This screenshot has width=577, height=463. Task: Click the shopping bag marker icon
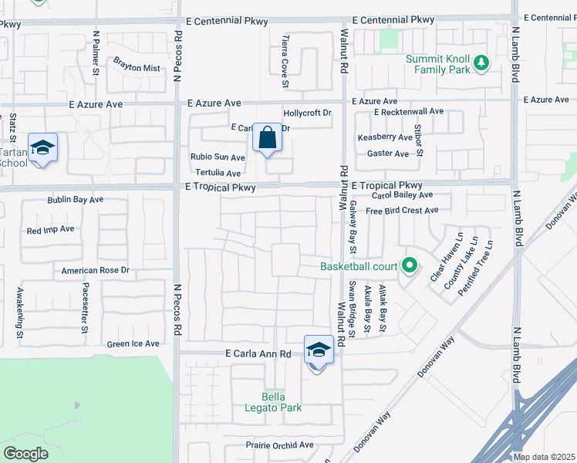(x=267, y=139)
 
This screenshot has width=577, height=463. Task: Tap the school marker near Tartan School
(x=43, y=147)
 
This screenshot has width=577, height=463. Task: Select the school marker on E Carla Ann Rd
(x=318, y=350)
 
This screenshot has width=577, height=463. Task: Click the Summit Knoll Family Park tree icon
(x=481, y=62)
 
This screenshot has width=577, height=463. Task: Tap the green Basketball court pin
(x=410, y=267)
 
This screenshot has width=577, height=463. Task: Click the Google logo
(x=25, y=454)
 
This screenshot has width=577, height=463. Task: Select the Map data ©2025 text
(x=544, y=457)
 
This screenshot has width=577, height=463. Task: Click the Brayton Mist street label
(x=137, y=68)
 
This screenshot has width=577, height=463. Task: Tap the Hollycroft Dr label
(x=307, y=113)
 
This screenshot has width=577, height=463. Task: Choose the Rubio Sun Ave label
(x=218, y=157)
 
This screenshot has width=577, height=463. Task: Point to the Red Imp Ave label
(x=50, y=230)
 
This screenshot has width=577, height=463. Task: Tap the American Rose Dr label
(x=95, y=271)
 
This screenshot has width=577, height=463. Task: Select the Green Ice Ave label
(x=133, y=344)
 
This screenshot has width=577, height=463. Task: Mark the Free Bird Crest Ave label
(x=402, y=210)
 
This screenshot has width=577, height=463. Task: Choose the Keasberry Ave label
(x=385, y=137)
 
